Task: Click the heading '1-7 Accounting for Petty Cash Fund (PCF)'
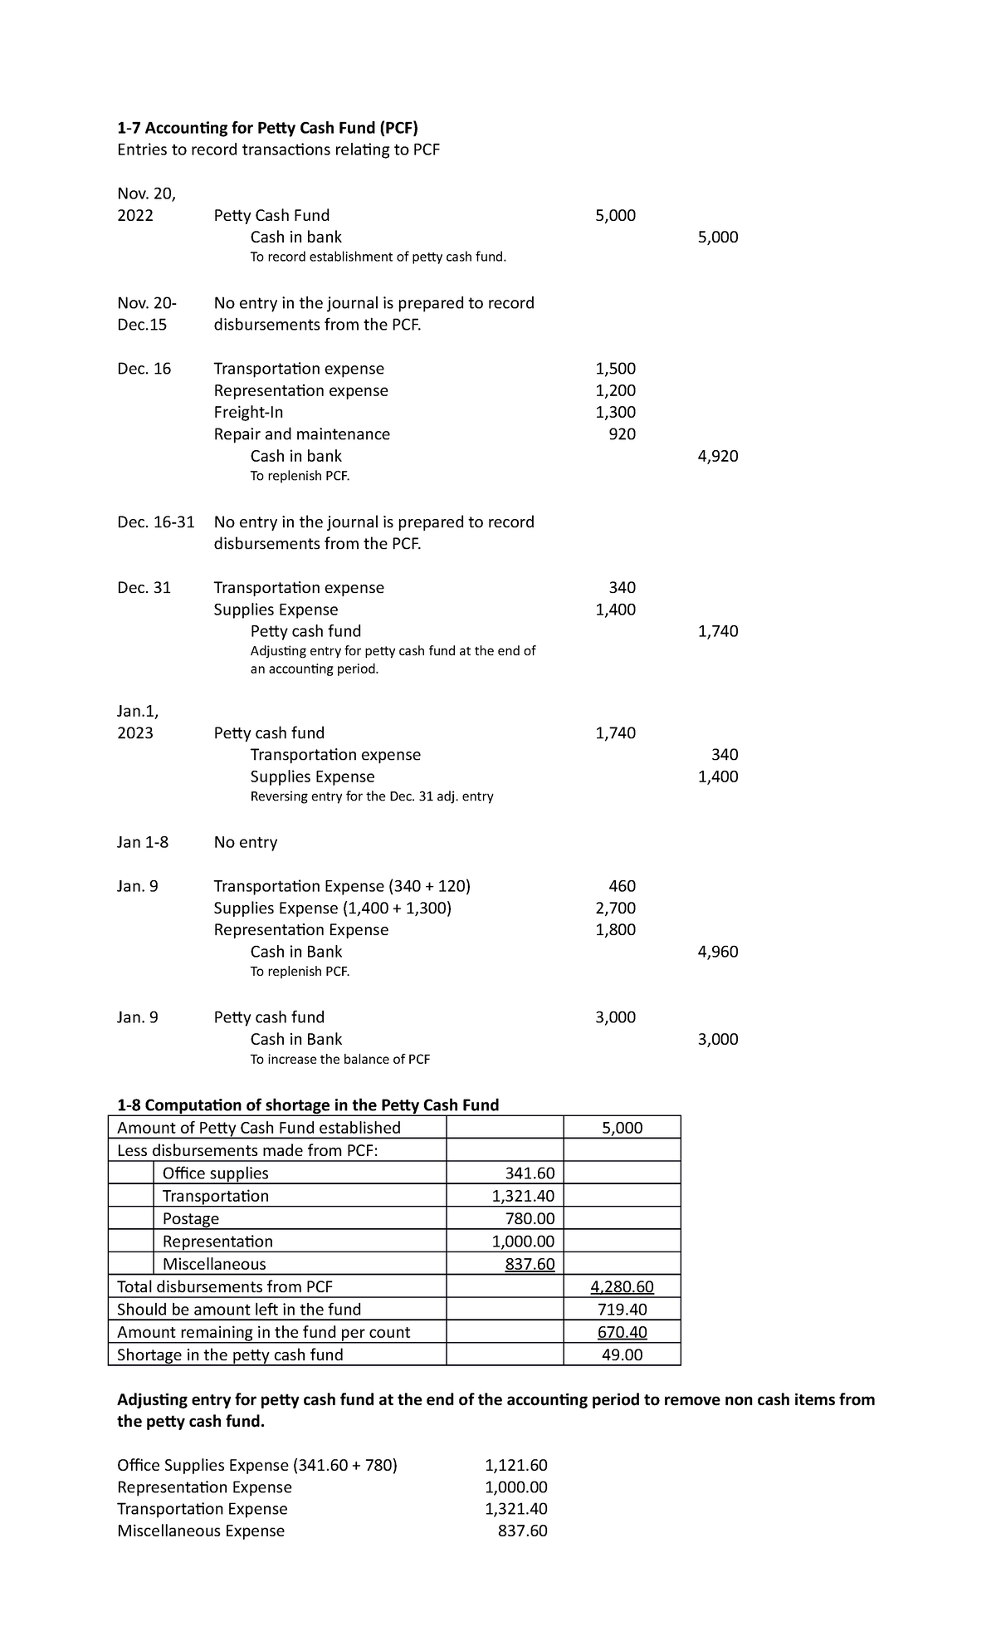coord(267,128)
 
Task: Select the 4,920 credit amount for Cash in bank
coord(718,456)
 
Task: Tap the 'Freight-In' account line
coord(248,413)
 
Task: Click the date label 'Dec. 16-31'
coord(156,522)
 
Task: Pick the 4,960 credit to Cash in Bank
coord(718,952)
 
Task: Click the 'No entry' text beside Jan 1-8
coord(246,842)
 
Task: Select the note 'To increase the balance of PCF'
coord(340,1060)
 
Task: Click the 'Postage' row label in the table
coord(191,1219)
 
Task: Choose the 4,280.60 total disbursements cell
coord(622,1287)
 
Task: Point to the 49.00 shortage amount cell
coord(622,1355)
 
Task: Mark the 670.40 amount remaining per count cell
coord(622,1332)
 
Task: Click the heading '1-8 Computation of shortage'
coord(308,1105)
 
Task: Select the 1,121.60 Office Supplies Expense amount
coord(515,1466)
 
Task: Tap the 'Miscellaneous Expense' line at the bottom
coord(201,1531)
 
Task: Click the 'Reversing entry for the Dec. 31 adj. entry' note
coord(372,797)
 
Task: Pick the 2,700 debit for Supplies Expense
coord(615,908)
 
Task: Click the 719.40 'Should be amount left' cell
coord(622,1310)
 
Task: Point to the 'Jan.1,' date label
coord(138,712)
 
